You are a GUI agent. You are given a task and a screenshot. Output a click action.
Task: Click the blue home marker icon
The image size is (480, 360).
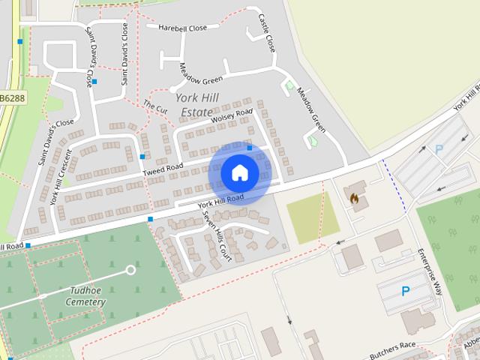(x=240, y=173)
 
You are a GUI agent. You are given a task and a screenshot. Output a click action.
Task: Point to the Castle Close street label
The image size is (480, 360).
(x=267, y=32)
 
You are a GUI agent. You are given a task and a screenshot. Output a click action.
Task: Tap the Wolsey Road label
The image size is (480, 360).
(x=232, y=116)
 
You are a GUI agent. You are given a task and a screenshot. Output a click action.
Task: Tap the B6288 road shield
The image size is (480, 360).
(x=13, y=98)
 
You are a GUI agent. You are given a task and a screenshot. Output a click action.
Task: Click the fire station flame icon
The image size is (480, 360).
(x=354, y=198)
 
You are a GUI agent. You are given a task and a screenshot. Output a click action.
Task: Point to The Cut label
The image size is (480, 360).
(x=155, y=107)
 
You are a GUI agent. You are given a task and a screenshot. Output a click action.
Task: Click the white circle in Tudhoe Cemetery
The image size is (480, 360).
(x=131, y=269)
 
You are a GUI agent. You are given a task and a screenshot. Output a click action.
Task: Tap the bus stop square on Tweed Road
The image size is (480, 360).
(x=142, y=157)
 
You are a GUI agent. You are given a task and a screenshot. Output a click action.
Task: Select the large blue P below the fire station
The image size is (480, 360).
(x=406, y=291)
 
